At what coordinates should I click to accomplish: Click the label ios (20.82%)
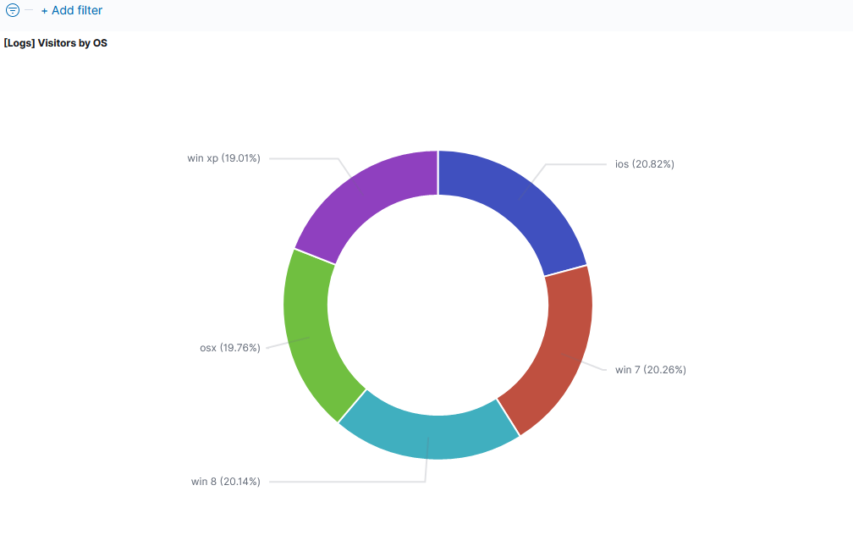(644, 164)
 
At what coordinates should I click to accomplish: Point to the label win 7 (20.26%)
(650, 370)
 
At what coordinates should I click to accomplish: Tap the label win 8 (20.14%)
(225, 482)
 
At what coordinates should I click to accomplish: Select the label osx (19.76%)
(230, 347)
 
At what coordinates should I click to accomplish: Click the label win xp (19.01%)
(223, 158)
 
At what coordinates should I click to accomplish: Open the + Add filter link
(72, 10)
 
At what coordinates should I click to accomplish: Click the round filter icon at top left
(13, 10)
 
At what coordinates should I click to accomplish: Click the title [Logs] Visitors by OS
(56, 43)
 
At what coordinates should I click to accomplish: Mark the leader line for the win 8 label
(347, 482)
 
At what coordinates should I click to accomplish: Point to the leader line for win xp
(305, 158)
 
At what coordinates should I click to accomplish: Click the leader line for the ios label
(575, 164)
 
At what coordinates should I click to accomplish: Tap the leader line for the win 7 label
(597, 367)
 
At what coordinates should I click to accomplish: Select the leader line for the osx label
(279, 345)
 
